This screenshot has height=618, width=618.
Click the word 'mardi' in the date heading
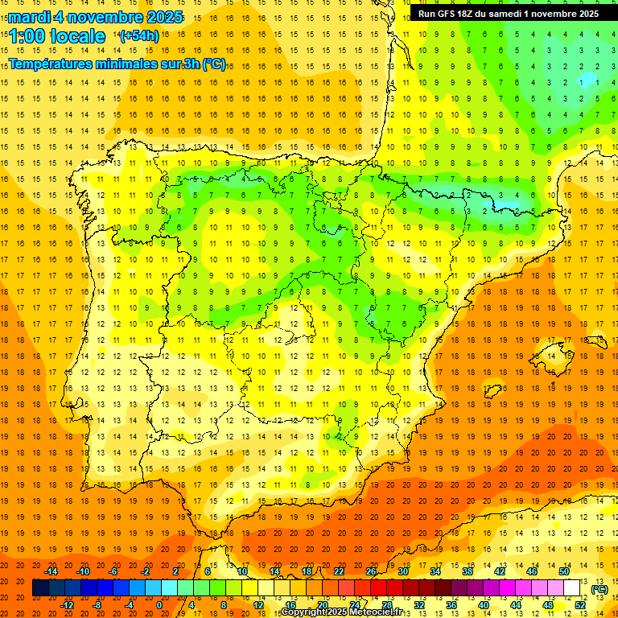(29, 17)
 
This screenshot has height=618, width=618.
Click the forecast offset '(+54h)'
(138, 36)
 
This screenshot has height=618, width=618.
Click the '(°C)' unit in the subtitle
(214, 64)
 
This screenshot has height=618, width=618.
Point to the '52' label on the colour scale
(579, 604)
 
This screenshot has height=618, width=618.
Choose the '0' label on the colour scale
(159, 604)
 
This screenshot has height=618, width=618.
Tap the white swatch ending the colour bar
(572, 587)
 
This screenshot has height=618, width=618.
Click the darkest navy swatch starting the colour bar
(40, 587)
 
